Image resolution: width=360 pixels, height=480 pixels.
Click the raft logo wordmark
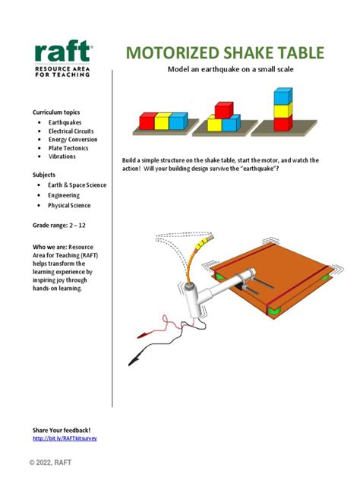point(63,53)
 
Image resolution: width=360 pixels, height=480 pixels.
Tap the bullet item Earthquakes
point(65,122)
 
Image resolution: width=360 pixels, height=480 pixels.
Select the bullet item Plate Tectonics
point(69,148)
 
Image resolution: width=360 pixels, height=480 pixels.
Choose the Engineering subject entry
point(64,195)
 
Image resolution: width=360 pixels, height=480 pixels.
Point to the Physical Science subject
point(69,205)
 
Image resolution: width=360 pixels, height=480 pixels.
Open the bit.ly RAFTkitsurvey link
point(65,438)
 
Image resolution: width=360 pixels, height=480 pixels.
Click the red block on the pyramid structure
point(223,110)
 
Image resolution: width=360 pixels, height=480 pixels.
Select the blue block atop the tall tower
point(283,96)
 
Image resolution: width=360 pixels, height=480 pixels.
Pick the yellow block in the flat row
point(163,120)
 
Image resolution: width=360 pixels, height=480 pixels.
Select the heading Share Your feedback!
point(62,430)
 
